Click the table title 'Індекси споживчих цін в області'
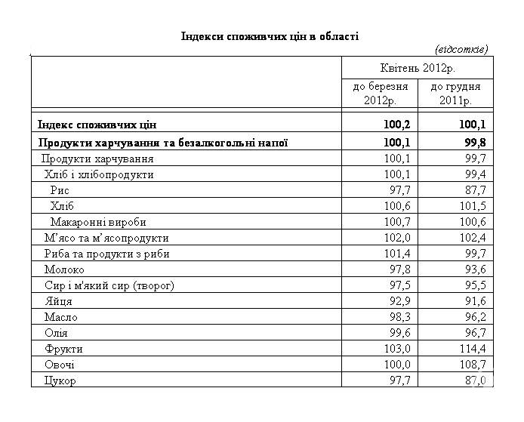270,36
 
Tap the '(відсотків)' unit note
461,49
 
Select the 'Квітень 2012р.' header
418,68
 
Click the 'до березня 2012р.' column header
381,94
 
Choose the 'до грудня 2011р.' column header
455,94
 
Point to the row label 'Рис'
60,190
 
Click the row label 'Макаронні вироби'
98,222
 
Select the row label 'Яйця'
58,301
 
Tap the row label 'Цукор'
60,380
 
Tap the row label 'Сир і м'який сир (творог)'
109,285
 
